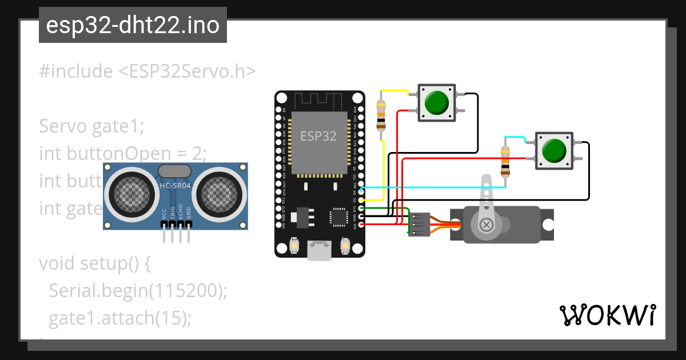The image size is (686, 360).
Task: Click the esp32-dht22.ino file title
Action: tap(133, 26)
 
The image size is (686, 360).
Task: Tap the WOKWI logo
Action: tap(607, 315)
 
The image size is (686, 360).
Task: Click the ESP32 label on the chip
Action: tap(318, 136)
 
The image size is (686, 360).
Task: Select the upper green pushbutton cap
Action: tap(437, 103)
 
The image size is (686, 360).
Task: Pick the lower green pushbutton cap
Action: tap(553, 151)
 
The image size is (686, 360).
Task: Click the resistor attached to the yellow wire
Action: tap(381, 115)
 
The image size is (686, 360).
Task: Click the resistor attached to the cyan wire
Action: tap(505, 162)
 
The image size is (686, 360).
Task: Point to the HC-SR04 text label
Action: tap(174, 185)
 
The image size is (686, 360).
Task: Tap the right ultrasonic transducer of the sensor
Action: tap(220, 192)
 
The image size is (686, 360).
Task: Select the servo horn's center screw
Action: tap(486, 225)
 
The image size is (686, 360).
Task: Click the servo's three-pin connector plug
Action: tap(419, 225)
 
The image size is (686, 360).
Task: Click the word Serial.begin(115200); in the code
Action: tap(138, 291)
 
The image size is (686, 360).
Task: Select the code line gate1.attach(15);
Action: tap(119, 318)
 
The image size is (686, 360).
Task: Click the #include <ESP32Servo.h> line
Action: tap(147, 71)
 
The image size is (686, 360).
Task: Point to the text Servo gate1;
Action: tap(91, 126)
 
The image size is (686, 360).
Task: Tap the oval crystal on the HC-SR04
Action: tap(174, 171)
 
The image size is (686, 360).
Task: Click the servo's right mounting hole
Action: tap(548, 225)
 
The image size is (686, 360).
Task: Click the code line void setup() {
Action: tap(94, 264)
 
